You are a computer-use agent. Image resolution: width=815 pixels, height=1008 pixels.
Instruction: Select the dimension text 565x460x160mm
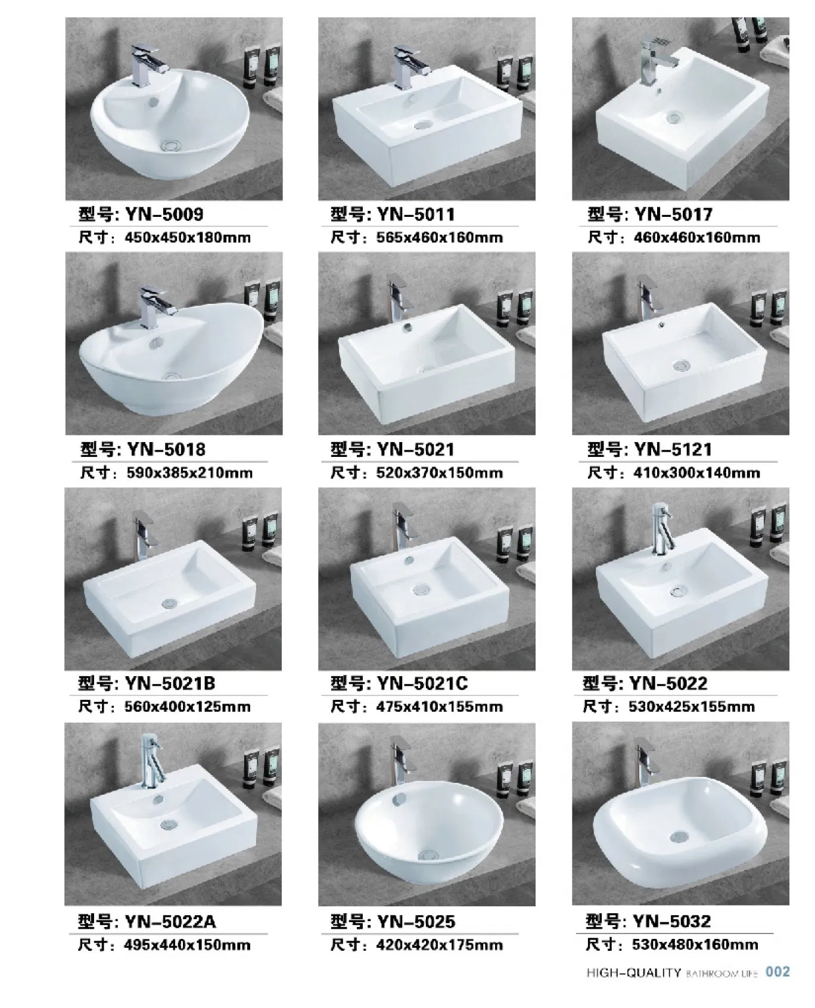point(440,238)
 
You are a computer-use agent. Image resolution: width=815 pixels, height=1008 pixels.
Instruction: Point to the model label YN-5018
point(165,449)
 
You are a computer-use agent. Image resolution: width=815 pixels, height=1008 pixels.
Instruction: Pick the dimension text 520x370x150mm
point(440,473)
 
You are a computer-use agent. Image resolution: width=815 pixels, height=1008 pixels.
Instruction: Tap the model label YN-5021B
point(170,683)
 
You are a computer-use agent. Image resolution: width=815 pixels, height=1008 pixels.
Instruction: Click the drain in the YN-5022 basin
point(677,592)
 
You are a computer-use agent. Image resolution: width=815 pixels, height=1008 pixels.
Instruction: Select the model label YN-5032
point(672,922)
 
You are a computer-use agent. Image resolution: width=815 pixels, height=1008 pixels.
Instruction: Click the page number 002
point(777,972)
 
